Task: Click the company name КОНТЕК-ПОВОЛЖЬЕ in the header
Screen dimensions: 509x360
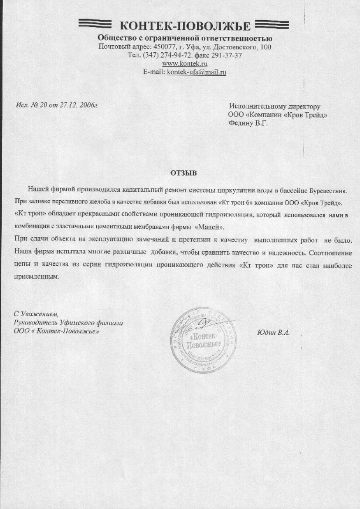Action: [x=185, y=25]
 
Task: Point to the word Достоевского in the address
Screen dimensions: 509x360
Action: [x=238, y=47]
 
